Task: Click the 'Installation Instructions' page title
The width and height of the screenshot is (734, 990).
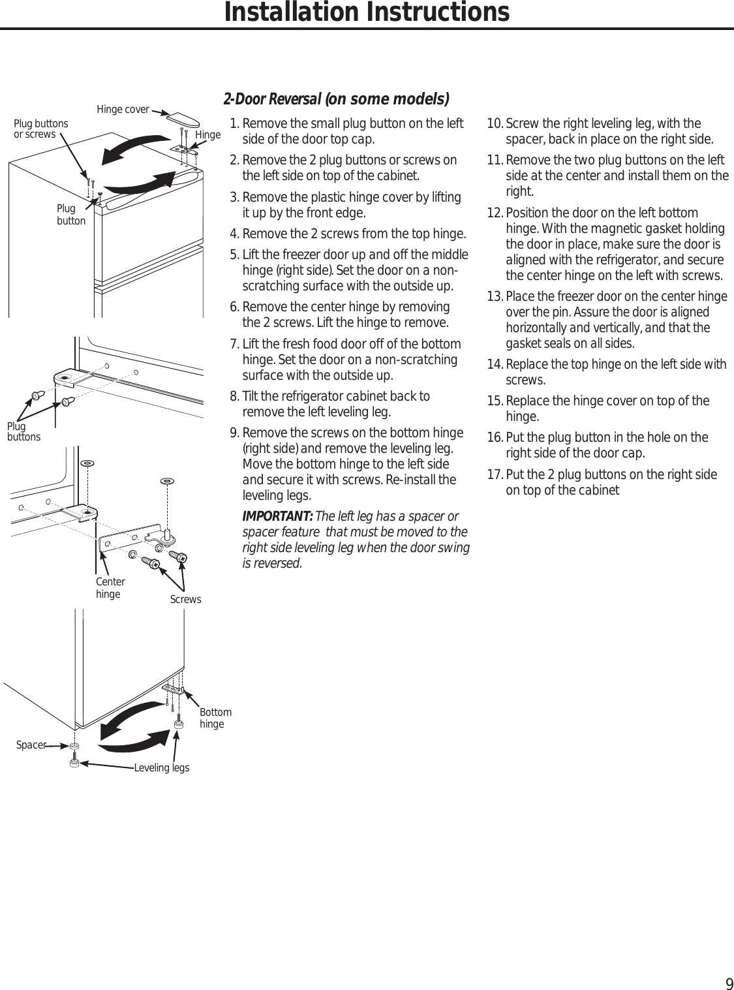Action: coord(367,12)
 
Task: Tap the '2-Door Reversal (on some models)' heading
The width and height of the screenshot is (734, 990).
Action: coord(336,99)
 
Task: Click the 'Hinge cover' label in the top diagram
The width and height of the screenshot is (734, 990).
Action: coord(123,109)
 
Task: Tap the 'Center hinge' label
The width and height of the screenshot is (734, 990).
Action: coord(110,588)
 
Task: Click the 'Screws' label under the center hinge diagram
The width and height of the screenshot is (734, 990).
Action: coord(185,599)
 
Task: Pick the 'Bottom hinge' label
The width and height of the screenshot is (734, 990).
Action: coord(215,718)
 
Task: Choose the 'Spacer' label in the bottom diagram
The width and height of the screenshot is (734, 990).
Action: coord(31,745)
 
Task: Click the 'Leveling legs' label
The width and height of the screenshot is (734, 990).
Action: coord(161,767)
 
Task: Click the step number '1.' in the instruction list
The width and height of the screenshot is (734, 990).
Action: coord(236,124)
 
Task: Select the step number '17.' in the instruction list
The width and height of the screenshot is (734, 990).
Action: coord(496,474)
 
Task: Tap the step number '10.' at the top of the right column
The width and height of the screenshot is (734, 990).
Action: coord(496,124)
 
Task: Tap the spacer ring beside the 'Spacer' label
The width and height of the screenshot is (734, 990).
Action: coord(74,745)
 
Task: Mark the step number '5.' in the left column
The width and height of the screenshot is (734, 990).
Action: coord(236,255)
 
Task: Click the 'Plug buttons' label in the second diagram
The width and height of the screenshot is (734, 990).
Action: coord(23,432)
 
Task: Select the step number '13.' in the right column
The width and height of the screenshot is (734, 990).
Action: coord(496,297)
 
